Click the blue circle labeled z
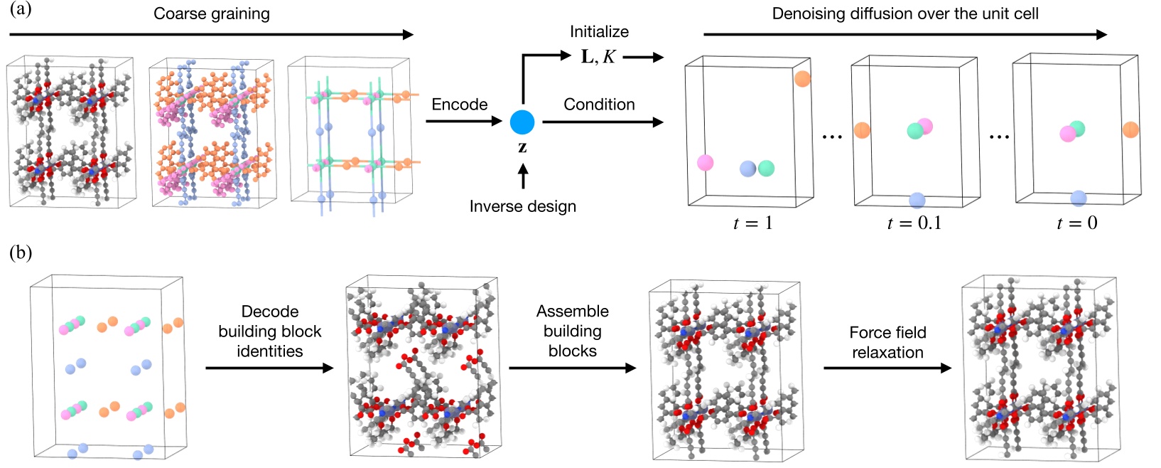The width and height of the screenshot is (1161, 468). tap(522, 122)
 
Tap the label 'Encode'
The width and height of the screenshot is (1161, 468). tap(459, 105)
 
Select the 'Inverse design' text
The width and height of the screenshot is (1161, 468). tap(522, 207)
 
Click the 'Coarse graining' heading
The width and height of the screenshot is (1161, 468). tap(212, 14)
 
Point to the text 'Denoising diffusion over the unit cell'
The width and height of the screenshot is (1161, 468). tap(905, 14)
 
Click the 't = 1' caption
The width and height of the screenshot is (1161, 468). tap(752, 223)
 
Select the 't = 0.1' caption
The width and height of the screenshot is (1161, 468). tap(914, 223)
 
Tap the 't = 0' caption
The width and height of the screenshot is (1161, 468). tap(1076, 223)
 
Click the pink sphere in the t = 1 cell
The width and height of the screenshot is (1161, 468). tap(705, 163)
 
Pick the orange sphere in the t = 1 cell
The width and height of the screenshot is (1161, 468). tap(802, 79)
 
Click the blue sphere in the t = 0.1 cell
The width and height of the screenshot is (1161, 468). tap(917, 201)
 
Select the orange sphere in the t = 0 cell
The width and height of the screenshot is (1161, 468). tap(1130, 129)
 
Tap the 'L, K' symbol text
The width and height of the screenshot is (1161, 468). tap(598, 58)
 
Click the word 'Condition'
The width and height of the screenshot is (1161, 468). tap(599, 105)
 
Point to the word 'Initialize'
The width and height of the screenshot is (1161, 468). tap(599, 32)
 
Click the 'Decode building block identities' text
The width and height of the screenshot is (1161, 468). tap(270, 331)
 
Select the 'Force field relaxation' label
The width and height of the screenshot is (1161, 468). tap(887, 342)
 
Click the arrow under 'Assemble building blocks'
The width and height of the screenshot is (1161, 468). tap(572, 368)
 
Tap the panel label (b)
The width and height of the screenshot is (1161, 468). tap(21, 253)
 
